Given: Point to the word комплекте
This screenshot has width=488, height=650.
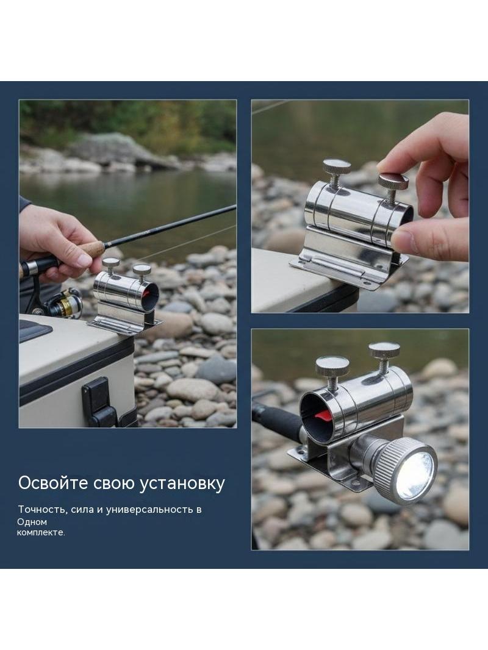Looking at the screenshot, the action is click(x=41, y=533).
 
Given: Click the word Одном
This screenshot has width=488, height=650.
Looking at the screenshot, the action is click(x=32, y=522).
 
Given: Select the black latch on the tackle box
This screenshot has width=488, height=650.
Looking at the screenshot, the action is click(x=99, y=401).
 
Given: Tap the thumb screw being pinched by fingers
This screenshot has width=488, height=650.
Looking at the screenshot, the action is click(x=393, y=183).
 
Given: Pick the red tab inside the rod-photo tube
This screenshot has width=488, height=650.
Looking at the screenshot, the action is click(x=146, y=294).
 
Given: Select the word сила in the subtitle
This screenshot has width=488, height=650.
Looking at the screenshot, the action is click(x=82, y=510).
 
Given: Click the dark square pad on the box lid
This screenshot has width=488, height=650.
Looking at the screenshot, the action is click(x=34, y=330).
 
